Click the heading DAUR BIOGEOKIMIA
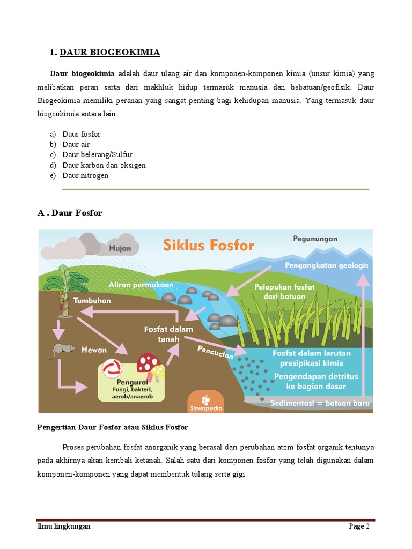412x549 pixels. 109,52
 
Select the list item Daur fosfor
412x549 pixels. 81,134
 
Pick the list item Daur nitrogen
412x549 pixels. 85,175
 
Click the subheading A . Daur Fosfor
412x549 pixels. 70,213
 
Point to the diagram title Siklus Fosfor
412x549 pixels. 209,246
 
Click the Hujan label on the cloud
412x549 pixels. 120,248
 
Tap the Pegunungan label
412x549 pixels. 315,239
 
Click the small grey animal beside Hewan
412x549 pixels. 63,350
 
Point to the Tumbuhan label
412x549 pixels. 92,300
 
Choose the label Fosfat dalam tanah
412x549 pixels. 168,334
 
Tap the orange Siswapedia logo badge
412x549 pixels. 206,402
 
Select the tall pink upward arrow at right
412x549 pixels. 363,332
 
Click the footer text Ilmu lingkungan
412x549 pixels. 64,526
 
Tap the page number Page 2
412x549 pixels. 359,526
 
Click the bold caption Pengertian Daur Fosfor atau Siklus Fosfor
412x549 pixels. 112,427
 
